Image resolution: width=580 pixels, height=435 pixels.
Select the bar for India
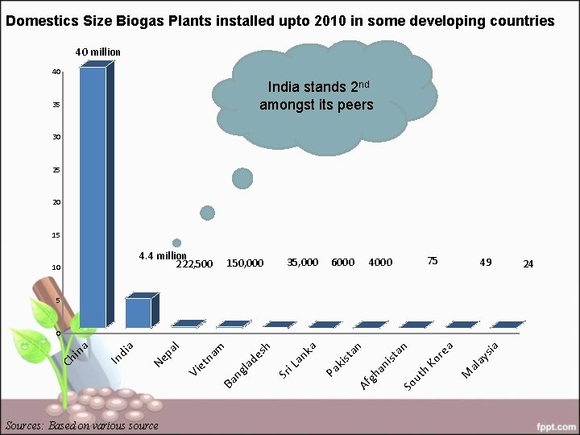138,313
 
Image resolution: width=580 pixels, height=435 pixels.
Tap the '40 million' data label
97,52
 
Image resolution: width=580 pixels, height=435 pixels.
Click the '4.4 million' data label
162,256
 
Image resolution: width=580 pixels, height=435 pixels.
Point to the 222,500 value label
194,263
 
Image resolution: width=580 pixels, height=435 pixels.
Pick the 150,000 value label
245,263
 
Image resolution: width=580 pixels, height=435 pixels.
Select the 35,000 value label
303,262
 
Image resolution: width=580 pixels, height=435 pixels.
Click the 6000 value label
342,262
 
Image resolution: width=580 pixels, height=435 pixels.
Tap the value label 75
433,261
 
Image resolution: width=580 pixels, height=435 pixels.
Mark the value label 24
528,263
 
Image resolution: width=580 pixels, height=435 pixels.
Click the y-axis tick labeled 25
57,170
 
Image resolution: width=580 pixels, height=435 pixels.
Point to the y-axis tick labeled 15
57,235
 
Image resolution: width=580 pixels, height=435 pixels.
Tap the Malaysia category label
483,358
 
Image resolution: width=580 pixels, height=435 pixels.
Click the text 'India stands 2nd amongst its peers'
316,96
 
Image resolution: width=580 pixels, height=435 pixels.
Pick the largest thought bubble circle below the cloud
242,179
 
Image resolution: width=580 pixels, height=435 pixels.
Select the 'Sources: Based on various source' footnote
81,425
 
